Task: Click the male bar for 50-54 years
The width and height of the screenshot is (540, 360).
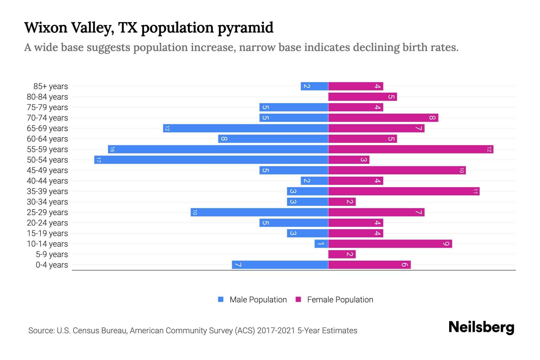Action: click(x=211, y=160)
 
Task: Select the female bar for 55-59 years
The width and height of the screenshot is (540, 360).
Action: click(x=411, y=149)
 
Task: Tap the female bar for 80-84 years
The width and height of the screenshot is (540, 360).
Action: click(x=362, y=97)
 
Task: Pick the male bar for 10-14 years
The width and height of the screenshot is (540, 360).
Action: click(x=321, y=244)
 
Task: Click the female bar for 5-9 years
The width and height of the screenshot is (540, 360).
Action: click(x=342, y=254)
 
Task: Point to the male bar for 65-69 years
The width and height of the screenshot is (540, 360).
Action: click(x=246, y=128)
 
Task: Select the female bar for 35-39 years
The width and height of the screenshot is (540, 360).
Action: click(x=404, y=191)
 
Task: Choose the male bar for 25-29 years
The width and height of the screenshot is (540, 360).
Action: click(x=259, y=212)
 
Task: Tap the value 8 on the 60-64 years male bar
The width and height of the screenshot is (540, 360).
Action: click(x=224, y=139)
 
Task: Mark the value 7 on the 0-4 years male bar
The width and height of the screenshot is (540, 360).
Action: click(x=238, y=265)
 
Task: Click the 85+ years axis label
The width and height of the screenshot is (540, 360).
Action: click(x=51, y=86)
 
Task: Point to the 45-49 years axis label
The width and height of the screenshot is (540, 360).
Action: click(x=47, y=170)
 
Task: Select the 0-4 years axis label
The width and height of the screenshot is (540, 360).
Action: click(x=52, y=265)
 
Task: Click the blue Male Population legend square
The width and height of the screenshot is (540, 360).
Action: click(x=221, y=299)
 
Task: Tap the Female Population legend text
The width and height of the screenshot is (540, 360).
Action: click(x=340, y=300)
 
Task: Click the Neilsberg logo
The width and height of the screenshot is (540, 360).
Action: click(x=481, y=327)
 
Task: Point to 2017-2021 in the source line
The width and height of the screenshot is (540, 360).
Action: click(x=276, y=331)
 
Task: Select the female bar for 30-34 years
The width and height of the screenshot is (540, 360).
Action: click(x=342, y=202)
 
